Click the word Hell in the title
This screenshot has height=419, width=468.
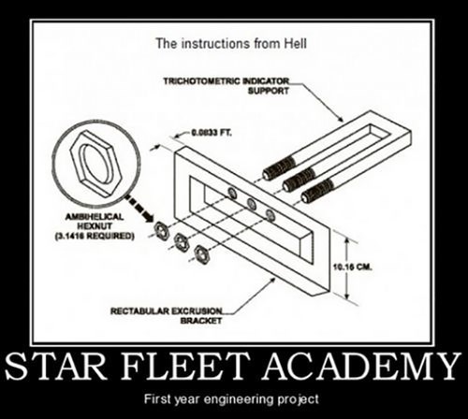295,43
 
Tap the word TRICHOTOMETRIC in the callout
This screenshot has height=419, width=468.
202,81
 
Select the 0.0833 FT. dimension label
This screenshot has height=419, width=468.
212,133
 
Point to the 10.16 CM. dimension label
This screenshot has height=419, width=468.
353,267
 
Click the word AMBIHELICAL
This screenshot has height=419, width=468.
95,217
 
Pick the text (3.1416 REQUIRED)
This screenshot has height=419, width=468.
95,236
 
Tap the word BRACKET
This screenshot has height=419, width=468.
201,321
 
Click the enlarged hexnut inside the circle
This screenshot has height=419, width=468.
95,164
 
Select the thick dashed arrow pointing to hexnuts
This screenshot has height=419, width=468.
139,209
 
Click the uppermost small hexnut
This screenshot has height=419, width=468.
161,229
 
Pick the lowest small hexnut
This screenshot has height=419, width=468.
201,253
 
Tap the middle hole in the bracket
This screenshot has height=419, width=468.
252,204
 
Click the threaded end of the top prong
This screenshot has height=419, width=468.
279,168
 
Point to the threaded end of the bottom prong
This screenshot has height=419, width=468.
317,191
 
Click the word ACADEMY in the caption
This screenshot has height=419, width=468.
362,366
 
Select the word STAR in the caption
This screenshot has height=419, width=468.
56,367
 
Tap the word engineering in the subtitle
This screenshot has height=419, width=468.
241,399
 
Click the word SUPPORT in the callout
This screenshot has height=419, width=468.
269,91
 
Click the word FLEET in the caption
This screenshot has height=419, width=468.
185,367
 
